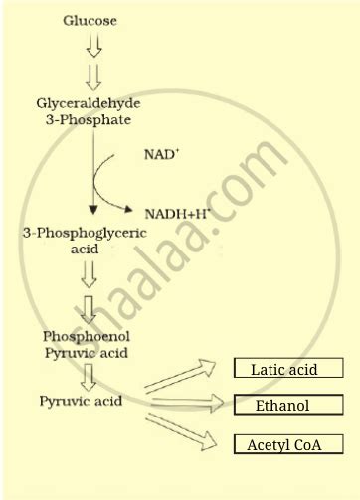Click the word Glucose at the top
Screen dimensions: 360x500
[90, 19]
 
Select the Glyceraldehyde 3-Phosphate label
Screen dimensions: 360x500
[90, 110]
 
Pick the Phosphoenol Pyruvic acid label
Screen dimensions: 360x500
[89, 343]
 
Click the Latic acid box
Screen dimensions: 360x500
[288, 369]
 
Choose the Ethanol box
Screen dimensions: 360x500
[287, 406]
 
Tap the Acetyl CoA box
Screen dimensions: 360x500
[287, 444]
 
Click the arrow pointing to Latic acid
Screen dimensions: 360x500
[185, 377]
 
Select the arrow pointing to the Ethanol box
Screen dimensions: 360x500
[185, 403]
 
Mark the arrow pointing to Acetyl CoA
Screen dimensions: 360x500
[185, 430]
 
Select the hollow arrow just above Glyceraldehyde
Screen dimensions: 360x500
[93, 77]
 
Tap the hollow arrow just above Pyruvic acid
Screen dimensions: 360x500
[90, 376]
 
